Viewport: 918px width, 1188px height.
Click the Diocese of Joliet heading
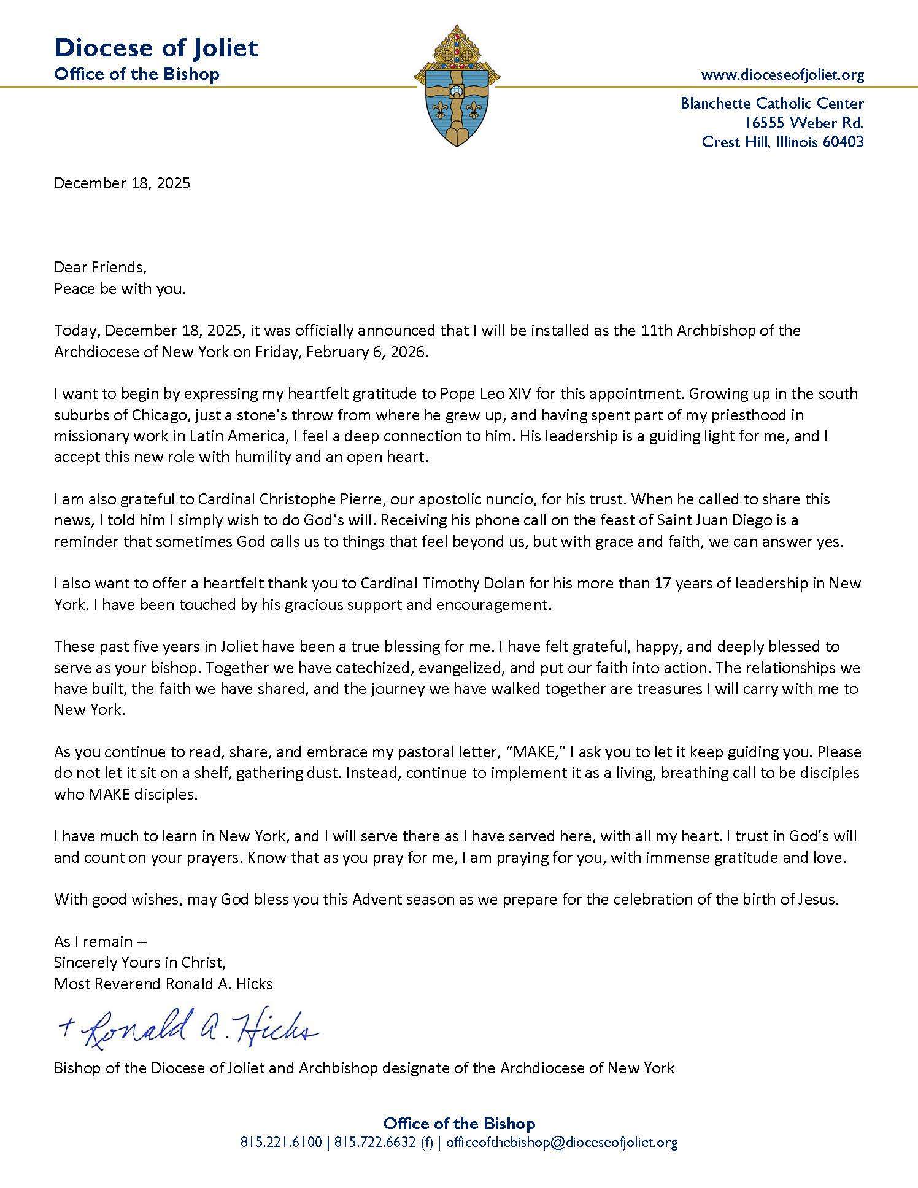[156, 48]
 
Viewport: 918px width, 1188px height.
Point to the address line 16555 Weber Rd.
[804, 123]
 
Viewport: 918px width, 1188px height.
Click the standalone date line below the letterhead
[122, 183]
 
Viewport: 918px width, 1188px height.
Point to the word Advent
[379, 900]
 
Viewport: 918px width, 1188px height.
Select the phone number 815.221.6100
[280, 1143]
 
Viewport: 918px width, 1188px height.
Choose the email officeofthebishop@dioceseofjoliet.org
[561, 1143]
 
